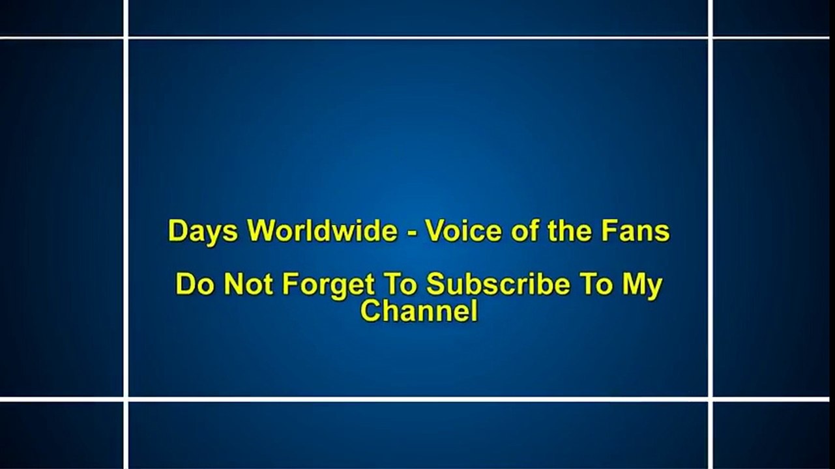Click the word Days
[x=203, y=231]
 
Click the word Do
[x=195, y=285]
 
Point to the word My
[x=642, y=286]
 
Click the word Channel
[x=419, y=311]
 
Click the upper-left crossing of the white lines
[x=126, y=38]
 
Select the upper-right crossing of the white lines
[x=710, y=38]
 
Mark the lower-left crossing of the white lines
[x=126, y=399]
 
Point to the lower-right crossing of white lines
[x=710, y=399]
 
